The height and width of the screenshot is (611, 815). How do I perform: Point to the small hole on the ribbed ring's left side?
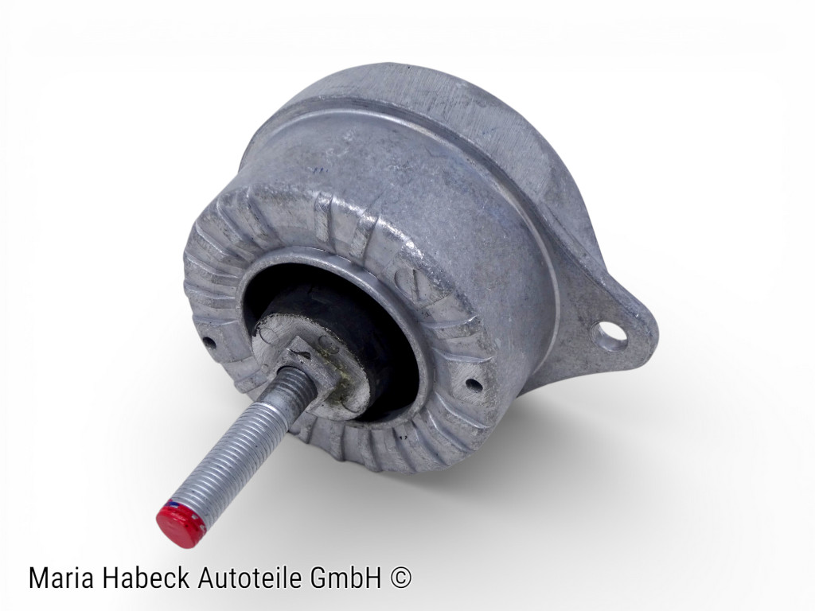tap(209, 344)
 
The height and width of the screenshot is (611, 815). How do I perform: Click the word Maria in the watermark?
tap(60, 578)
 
